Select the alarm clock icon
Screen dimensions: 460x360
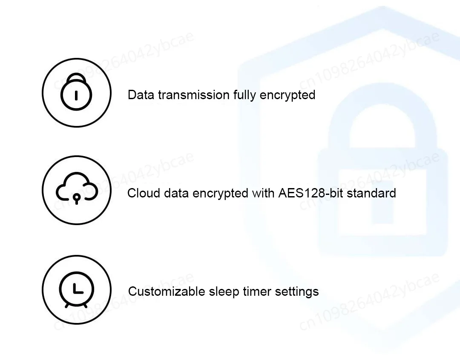pos(77,290)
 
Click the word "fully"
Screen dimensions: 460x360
pos(244,95)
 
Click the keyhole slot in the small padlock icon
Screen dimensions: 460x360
pos(76,95)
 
